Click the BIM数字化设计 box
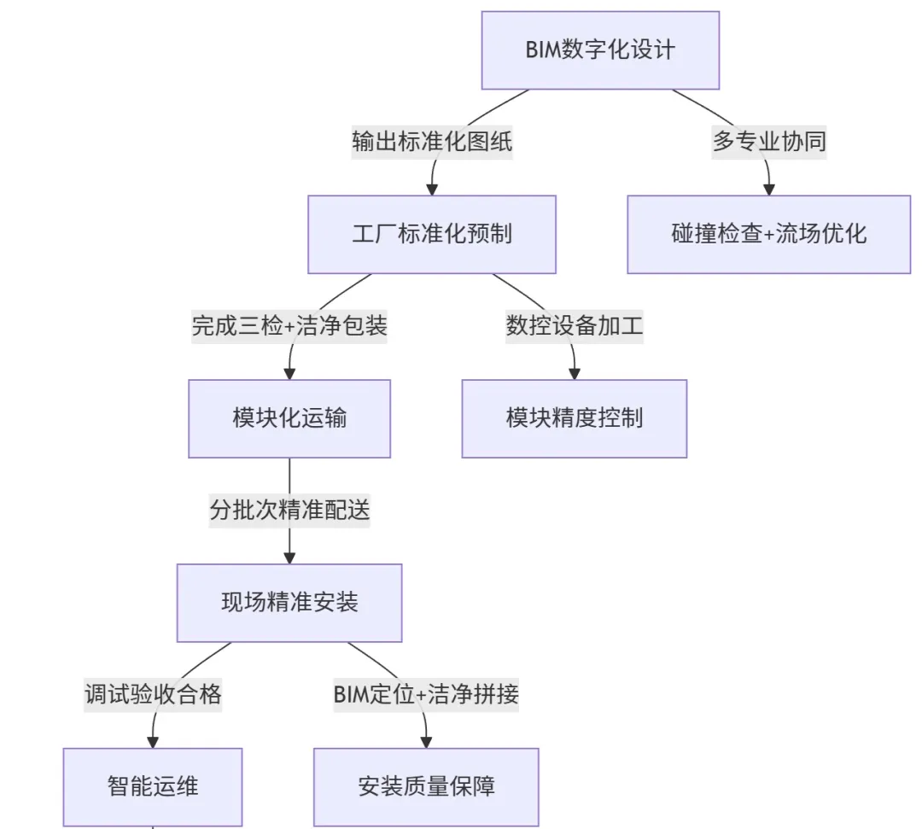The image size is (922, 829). coord(600,50)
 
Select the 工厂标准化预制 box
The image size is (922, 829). coord(432,234)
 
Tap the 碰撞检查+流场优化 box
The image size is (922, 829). coord(768,234)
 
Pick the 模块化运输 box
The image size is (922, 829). coord(289,418)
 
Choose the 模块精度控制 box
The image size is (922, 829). coord(574,418)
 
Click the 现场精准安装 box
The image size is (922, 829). coord(289,603)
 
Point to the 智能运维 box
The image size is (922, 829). coord(153,786)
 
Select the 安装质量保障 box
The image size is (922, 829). coord(426,786)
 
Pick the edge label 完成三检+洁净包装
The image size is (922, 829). coord(289,326)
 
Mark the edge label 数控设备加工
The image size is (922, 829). coord(574,326)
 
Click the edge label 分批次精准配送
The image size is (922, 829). coord(289,511)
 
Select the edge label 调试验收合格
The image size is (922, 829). coord(153,694)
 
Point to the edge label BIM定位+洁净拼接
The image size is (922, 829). coord(426,694)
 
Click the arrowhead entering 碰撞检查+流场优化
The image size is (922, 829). coord(769,189)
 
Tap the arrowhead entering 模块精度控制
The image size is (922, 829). coord(574,373)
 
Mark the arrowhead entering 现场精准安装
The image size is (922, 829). coord(289,558)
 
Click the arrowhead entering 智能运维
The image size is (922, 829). coord(153,742)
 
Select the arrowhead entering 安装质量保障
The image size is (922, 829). coord(426,742)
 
